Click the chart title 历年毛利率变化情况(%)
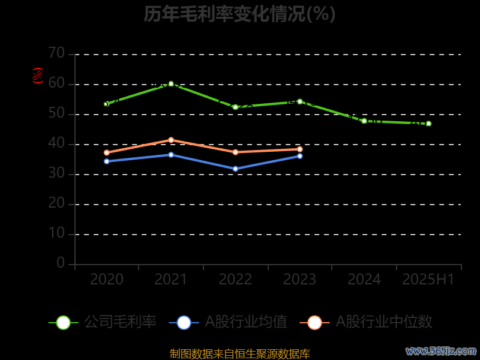click(239, 14)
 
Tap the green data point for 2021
click(171, 84)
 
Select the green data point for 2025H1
click(428, 124)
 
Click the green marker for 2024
click(364, 121)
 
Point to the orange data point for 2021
click(171, 140)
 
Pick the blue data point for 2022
click(235, 169)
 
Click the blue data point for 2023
click(300, 156)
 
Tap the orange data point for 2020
click(107, 152)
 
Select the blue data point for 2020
click(107, 161)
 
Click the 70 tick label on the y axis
click(56, 53)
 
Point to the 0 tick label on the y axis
click(61, 263)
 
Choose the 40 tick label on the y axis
click(56, 143)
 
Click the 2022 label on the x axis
click(235, 280)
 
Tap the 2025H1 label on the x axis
click(428, 280)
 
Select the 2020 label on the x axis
click(107, 280)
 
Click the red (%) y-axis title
click(38, 76)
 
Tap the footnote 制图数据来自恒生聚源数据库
click(239, 353)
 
